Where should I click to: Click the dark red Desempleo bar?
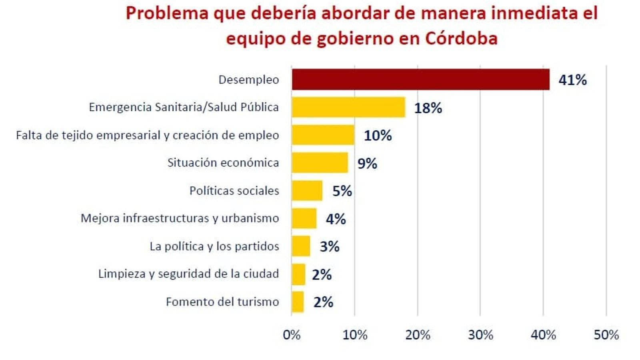coord(420,79)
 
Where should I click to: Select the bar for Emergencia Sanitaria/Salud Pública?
coord(348,107)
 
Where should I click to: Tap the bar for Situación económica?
coord(320,162)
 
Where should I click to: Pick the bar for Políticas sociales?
coord(307,190)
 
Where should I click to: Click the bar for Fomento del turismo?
coord(298,302)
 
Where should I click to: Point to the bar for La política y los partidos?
coord(301,246)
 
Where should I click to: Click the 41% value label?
coord(572,80)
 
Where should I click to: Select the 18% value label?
coord(428,108)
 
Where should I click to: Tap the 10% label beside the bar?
coord(378,136)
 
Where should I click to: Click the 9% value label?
coord(367,164)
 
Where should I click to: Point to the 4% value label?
coord(336,219)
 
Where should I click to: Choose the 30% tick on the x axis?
coord(480,335)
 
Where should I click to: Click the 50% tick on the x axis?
coord(606,335)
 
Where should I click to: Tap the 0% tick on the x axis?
coord(292,335)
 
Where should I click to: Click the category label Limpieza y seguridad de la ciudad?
coord(188,274)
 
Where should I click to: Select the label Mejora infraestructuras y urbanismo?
coord(180,218)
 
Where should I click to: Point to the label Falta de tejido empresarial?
coord(147,135)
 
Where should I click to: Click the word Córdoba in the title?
coord(461,38)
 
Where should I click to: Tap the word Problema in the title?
coord(167,14)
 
